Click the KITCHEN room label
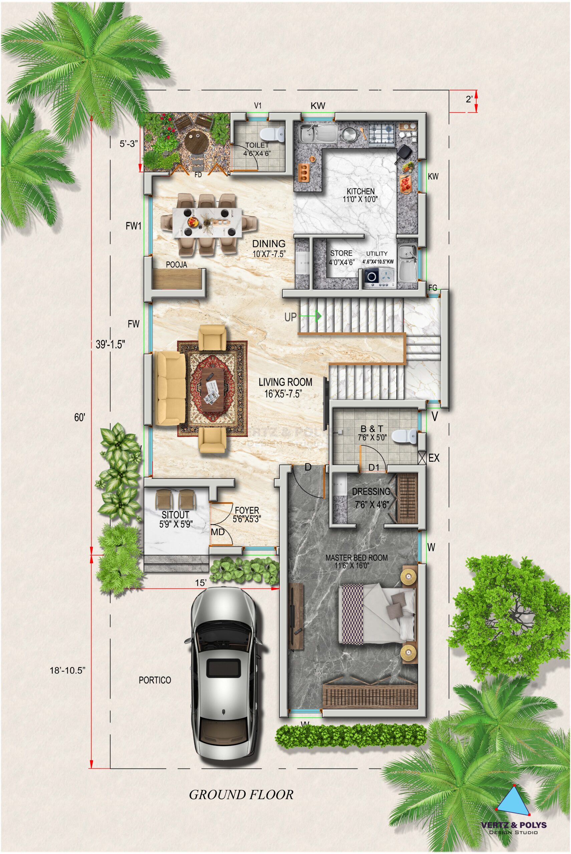pos(360,191)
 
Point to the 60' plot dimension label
pos(79,418)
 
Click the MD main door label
pos(217,532)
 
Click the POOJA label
pos(176,265)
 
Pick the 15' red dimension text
pos(200,583)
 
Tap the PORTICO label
pos(155,680)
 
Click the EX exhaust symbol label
pos(434,458)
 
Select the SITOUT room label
pos(176,515)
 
